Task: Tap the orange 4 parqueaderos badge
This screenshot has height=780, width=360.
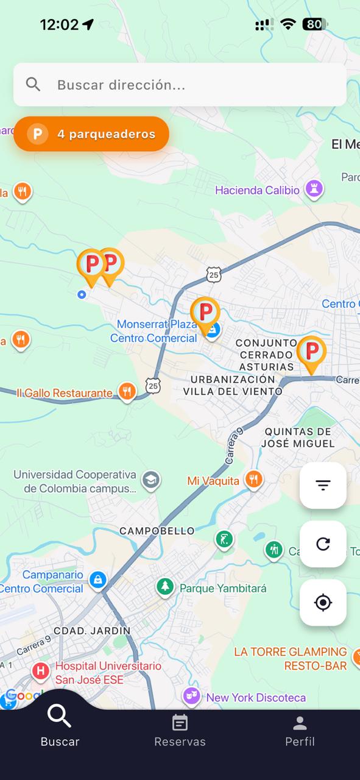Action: click(91, 134)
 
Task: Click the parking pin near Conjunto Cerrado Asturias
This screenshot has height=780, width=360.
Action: click(311, 352)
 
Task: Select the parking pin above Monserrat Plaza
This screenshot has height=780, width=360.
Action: click(205, 313)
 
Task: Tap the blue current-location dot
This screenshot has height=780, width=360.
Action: click(82, 295)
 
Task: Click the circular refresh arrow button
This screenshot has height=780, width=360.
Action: click(323, 544)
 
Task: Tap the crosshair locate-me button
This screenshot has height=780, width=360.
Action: click(323, 603)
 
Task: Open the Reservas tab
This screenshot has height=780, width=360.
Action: click(180, 731)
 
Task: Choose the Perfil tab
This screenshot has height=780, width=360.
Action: click(300, 731)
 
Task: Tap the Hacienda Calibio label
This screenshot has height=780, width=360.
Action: click(257, 190)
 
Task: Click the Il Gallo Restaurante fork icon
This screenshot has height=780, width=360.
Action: click(127, 391)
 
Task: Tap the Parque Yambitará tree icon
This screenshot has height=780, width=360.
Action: click(164, 587)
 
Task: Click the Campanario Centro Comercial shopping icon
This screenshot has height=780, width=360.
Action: click(97, 580)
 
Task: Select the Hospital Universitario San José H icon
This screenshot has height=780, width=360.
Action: click(41, 672)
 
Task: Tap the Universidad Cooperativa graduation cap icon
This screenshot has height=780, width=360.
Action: click(150, 480)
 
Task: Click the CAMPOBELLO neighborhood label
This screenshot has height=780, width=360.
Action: click(157, 531)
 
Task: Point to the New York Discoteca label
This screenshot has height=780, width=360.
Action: click(256, 698)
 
